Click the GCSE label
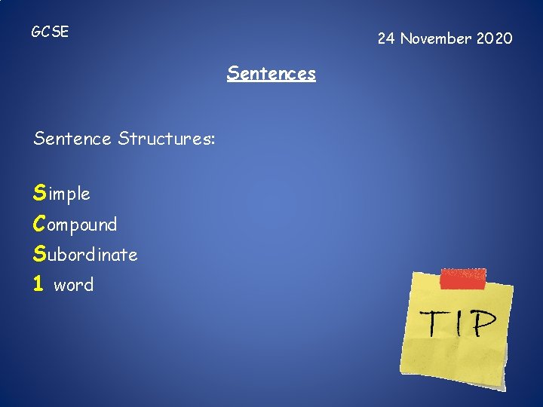click(50, 32)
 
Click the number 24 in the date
click(386, 38)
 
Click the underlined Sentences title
click(271, 74)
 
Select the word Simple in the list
click(62, 194)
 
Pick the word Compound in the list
click(75, 225)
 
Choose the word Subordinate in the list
click(85, 255)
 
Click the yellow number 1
click(38, 285)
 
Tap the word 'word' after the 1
click(74, 285)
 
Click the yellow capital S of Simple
click(39, 194)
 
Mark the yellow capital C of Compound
click(39, 224)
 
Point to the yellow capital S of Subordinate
click(39, 255)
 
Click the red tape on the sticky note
click(462, 278)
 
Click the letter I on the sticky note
click(459, 323)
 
